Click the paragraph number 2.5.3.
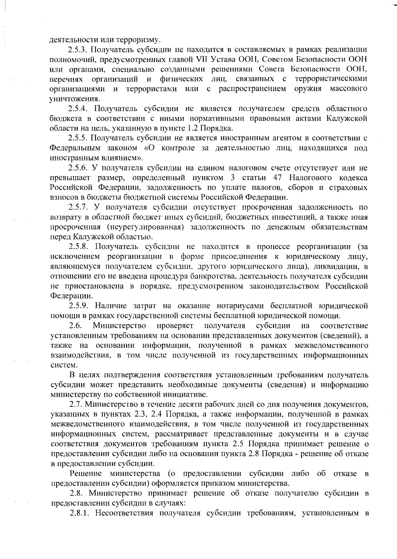78,50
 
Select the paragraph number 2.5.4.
78,109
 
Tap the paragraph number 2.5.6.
78,168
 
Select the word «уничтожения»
74,99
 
